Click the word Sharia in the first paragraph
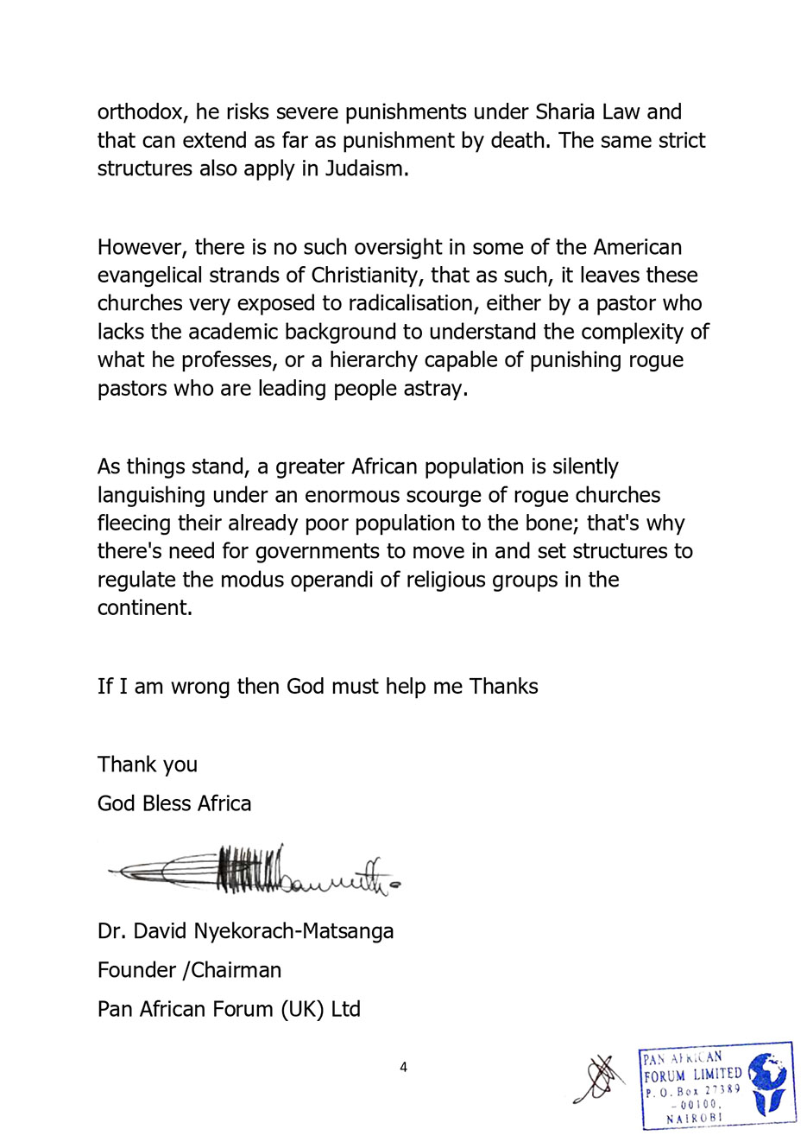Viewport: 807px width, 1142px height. coord(565,112)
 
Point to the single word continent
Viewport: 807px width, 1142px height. coord(144,607)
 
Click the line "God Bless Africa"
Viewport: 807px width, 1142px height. coord(174,803)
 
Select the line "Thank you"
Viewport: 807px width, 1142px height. coord(148,765)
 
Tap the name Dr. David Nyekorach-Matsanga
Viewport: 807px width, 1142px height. coord(245,931)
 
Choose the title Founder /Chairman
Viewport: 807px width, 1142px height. coord(189,970)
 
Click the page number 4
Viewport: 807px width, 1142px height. coord(403,1068)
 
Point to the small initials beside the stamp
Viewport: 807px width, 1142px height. coord(599,1080)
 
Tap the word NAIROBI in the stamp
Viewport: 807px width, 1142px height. coord(694,1118)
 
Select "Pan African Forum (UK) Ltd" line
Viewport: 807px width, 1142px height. coord(229,1009)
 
